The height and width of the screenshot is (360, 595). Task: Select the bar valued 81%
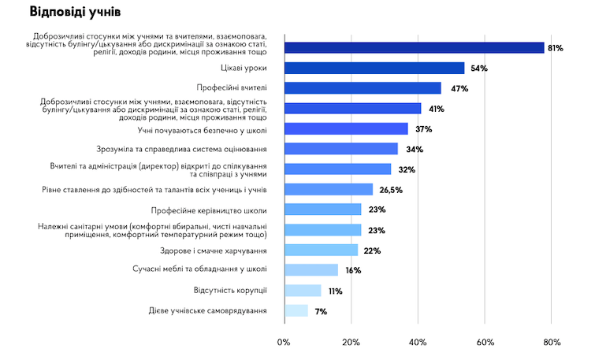414,48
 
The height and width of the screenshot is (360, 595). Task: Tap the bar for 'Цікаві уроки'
374,69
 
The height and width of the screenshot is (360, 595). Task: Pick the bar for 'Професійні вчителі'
362,88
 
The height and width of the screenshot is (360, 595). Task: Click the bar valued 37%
345,129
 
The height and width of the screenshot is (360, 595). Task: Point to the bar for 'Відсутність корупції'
302,291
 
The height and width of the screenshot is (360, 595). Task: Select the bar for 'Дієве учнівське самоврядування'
296,310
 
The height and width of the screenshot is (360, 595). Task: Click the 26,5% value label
391,190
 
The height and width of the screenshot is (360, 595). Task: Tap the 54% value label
478,69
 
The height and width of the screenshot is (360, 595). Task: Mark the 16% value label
352,270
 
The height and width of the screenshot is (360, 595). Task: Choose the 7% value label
320,311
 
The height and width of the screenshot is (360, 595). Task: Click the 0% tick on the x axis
284,343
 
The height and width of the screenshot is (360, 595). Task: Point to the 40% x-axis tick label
418,343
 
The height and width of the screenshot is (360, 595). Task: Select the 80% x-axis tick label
552,343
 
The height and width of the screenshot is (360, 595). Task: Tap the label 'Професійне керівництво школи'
208,210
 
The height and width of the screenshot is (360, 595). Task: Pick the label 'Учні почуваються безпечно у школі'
202,129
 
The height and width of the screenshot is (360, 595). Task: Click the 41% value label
436,109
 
